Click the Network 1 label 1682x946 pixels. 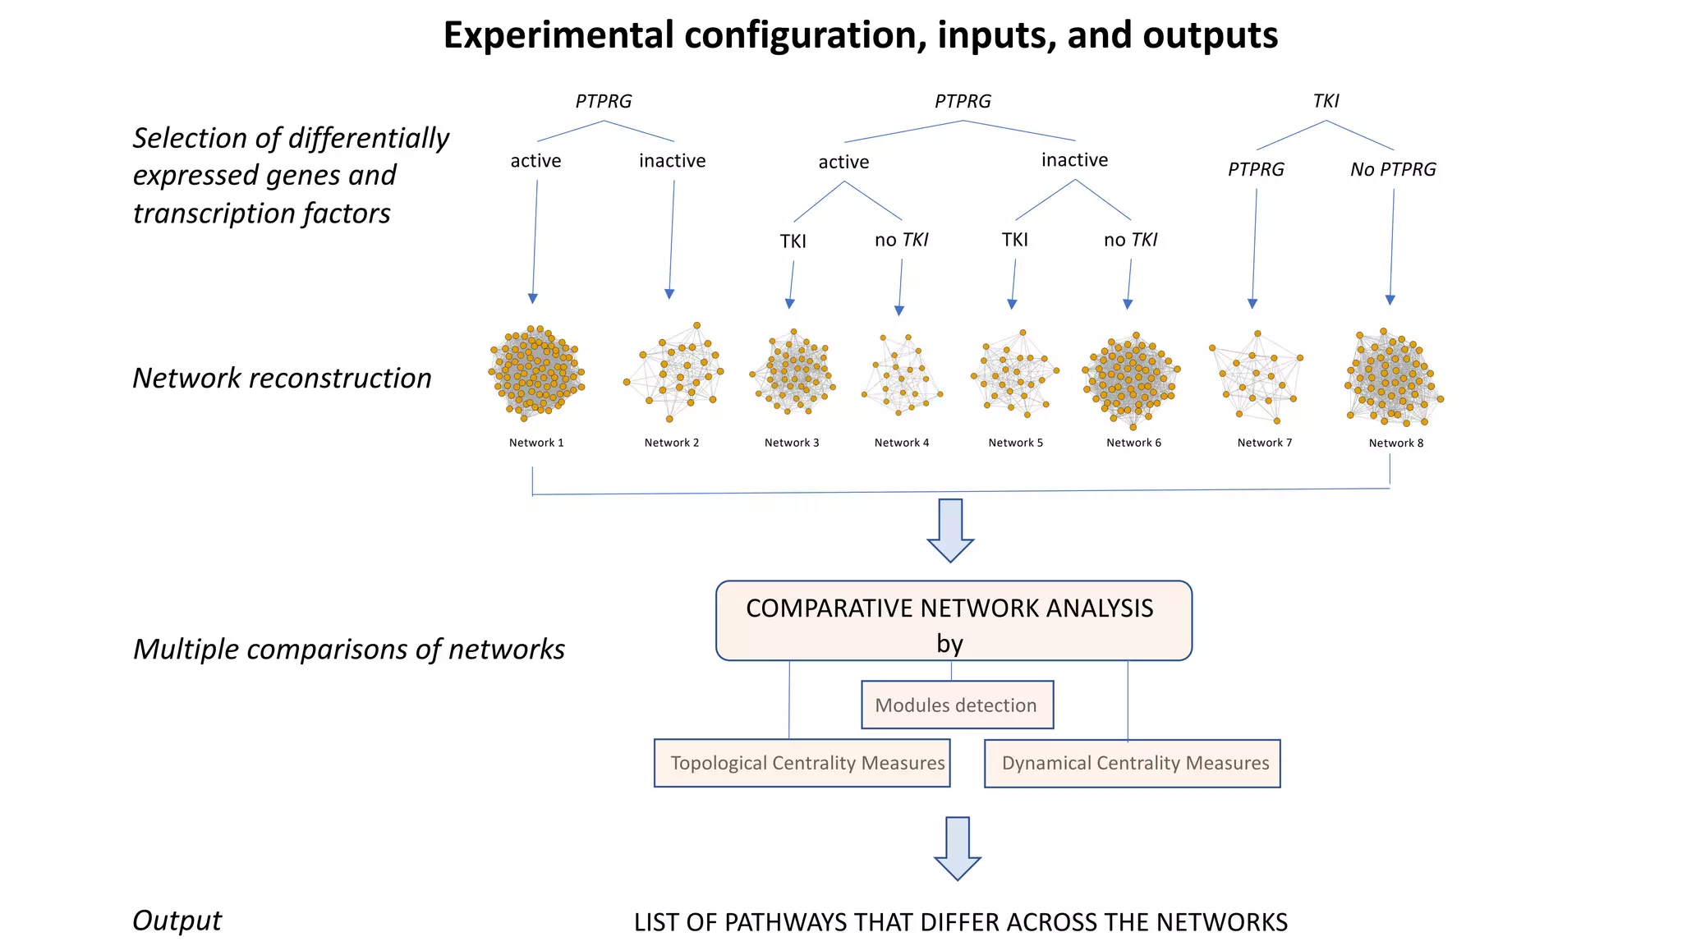[x=536, y=443]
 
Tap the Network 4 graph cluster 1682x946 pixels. [x=902, y=374]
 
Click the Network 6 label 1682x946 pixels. [x=1133, y=443]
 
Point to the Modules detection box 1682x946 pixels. [x=957, y=705]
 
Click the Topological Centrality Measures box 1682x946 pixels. [x=802, y=763]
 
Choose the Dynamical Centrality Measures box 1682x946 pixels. [x=1133, y=763]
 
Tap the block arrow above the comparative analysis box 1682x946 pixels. [x=950, y=530]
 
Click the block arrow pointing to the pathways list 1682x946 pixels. [x=958, y=847]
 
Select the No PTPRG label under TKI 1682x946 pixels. [x=1393, y=169]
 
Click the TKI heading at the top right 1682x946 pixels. [x=1326, y=101]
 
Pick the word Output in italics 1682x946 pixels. [x=177, y=921]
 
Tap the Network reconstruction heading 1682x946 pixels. [x=282, y=378]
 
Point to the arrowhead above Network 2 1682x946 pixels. [x=669, y=294]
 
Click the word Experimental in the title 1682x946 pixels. [x=558, y=35]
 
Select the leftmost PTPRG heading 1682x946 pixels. [x=603, y=101]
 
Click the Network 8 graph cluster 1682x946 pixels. [x=1393, y=378]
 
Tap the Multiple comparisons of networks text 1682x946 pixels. [x=349, y=649]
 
